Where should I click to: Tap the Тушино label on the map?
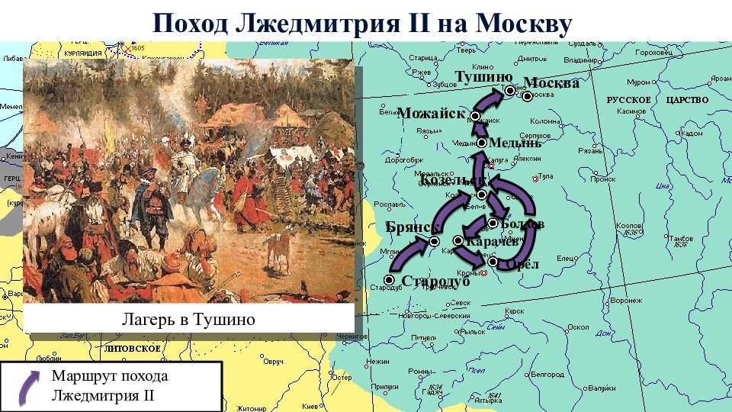483,76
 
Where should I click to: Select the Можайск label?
431,113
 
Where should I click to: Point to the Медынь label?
515,143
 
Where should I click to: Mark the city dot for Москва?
528,96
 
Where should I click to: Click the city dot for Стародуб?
389,281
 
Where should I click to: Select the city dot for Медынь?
482,143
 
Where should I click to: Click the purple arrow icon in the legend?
25,385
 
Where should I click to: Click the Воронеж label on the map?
624,301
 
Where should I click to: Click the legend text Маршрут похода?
109,376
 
